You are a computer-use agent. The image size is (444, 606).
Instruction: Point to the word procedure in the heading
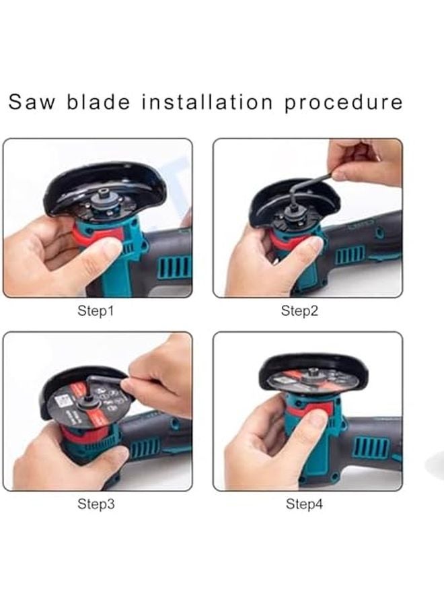click(x=344, y=102)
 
